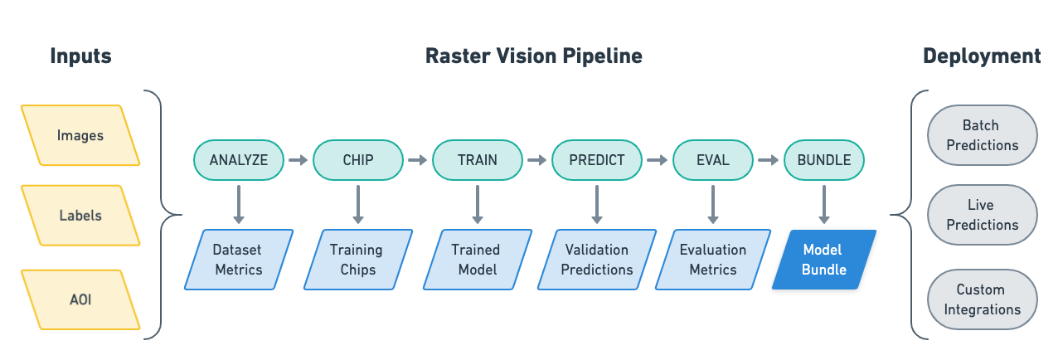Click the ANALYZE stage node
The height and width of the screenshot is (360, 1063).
point(239,160)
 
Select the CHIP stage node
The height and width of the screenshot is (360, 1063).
point(358,160)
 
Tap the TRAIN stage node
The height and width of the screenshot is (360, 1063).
point(478,160)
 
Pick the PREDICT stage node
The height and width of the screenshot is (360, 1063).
point(597,160)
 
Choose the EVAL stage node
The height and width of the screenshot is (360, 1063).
point(713,160)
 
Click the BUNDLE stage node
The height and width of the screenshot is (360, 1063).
point(823,160)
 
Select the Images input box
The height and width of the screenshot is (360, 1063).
point(80,135)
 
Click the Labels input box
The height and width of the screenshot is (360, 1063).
point(80,216)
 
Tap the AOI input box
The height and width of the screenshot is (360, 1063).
point(80,299)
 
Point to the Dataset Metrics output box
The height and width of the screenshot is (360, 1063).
point(238,260)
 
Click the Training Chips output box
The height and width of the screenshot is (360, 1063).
point(357,260)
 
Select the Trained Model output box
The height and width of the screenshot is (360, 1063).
point(476,260)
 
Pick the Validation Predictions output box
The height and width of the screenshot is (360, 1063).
point(597,260)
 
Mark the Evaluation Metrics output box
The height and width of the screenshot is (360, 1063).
point(713,260)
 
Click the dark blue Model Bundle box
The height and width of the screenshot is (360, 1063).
point(823,260)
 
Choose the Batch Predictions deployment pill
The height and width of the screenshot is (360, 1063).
point(982,135)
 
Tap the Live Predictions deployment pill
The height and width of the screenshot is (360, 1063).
point(982,215)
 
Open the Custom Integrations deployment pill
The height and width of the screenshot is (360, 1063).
point(982,299)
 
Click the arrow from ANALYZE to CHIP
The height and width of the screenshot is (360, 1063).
point(299,160)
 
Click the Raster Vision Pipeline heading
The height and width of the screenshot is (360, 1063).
point(533,56)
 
